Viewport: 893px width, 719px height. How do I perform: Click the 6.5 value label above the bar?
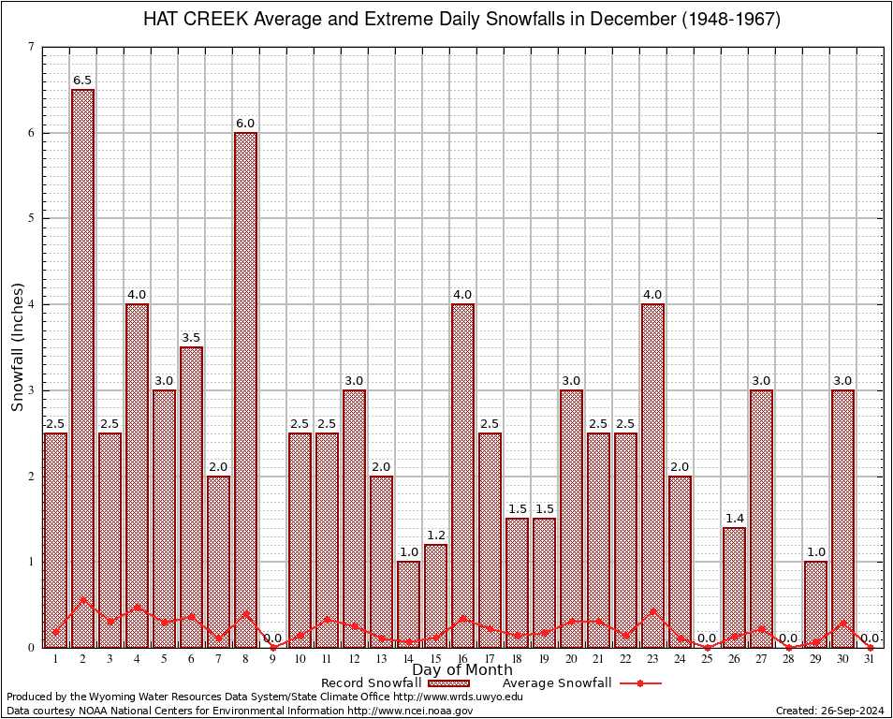tap(82, 81)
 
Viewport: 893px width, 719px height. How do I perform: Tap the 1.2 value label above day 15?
tap(435, 536)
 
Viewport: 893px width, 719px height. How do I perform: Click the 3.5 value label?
tap(191, 338)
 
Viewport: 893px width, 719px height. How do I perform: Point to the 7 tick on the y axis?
tap(32, 47)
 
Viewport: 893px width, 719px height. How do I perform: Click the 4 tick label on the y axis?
tap(32, 304)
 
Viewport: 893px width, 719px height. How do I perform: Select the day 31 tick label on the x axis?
tap(870, 659)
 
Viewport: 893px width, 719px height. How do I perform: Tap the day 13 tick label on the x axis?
tap(381, 659)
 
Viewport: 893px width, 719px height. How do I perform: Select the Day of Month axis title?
tap(462, 670)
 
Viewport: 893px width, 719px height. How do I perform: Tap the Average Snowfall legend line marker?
tap(640, 683)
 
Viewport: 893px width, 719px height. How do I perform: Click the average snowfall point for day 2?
tap(82, 600)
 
